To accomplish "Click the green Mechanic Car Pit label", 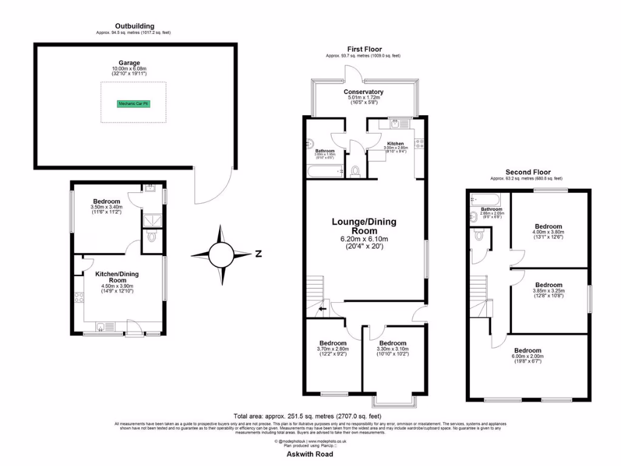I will pyautogui.click(x=133, y=104).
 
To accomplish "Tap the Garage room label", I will pyautogui.click(x=129, y=63).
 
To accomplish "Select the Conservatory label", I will pyautogui.click(x=364, y=92).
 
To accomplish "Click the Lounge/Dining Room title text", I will pyautogui.click(x=364, y=226).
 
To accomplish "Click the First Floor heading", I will pyautogui.click(x=363, y=49).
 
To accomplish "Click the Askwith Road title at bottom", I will pyautogui.click(x=310, y=454).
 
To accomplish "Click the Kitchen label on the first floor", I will pyautogui.click(x=395, y=144).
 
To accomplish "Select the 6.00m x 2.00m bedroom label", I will pyautogui.click(x=528, y=351).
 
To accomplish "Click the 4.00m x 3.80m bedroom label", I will pyautogui.click(x=548, y=226).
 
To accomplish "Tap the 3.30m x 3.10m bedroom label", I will pyautogui.click(x=393, y=343).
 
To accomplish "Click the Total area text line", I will pyautogui.click(x=310, y=416).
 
